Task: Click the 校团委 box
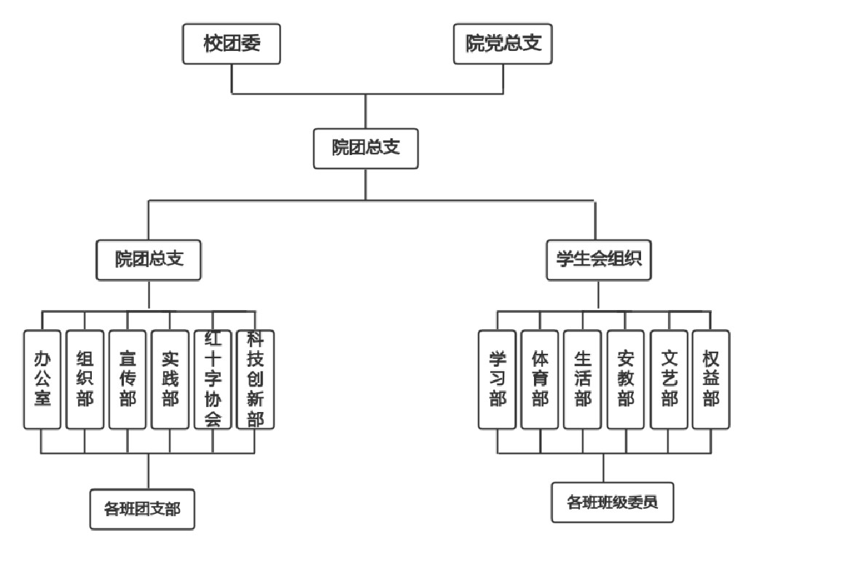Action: point(232,44)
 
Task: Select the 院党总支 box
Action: point(503,44)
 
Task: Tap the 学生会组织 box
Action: point(599,260)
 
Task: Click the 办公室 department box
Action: point(42,379)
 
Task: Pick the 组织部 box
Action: point(85,379)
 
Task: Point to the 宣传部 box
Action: point(127,379)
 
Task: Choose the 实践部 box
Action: point(170,379)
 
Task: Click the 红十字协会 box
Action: point(213,379)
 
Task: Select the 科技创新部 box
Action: point(255,379)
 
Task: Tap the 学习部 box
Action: point(498,379)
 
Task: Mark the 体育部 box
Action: point(540,379)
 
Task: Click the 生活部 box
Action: point(582,379)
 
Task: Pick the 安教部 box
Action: point(626,379)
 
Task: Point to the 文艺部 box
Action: point(670,379)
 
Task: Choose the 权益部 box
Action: point(711,379)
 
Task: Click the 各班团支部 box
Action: point(143,510)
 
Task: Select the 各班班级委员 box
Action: point(612,502)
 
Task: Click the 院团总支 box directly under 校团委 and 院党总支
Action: point(366,149)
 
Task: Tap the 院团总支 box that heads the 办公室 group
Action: point(149,260)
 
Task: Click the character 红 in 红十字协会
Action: point(213,339)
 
